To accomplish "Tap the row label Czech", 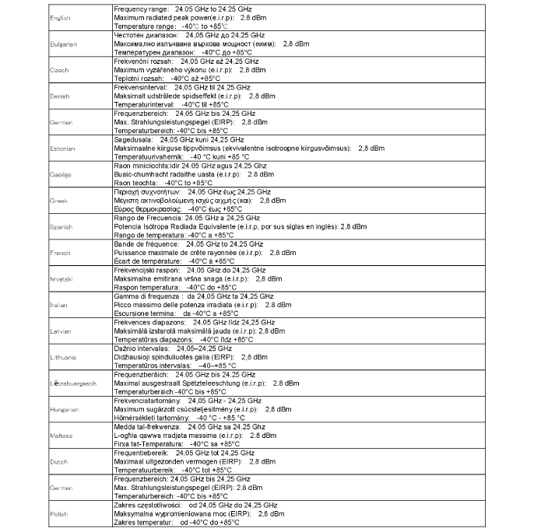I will (x=58, y=70).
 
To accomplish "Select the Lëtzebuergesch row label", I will (x=72, y=383).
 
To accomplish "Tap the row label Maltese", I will (x=61, y=436).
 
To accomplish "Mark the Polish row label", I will (x=58, y=514).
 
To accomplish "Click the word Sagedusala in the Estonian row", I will (x=133, y=140).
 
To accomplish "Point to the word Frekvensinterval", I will (x=141, y=88).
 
